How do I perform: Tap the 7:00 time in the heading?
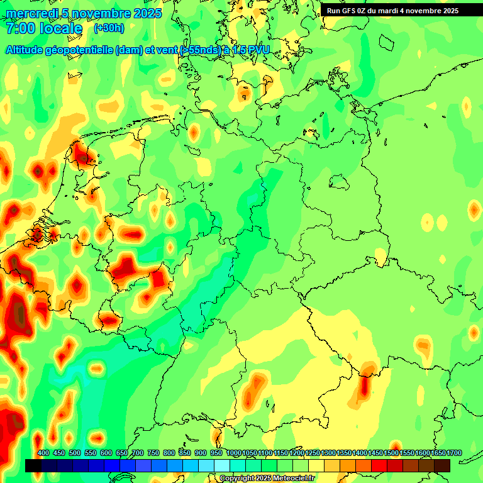(x=19, y=28)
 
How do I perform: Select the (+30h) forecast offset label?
(x=109, y=28)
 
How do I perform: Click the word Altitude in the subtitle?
(x=28, y=50)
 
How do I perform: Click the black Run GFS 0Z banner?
(x=392, y=11)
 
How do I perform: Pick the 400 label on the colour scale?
(x=43, y=453)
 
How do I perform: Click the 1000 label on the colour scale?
(x=234, y=453)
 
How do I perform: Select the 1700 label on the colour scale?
(x=454, y=453)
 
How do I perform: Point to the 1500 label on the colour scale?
(x=391, y=453)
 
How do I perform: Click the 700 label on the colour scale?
(x=138, y=453)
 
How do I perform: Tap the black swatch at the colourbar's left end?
(x=33, y=466)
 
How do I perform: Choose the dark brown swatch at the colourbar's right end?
(x=442, y=466)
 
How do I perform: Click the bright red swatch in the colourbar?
(x=379, y=466)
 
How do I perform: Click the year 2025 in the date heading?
(x=147, y=13)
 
